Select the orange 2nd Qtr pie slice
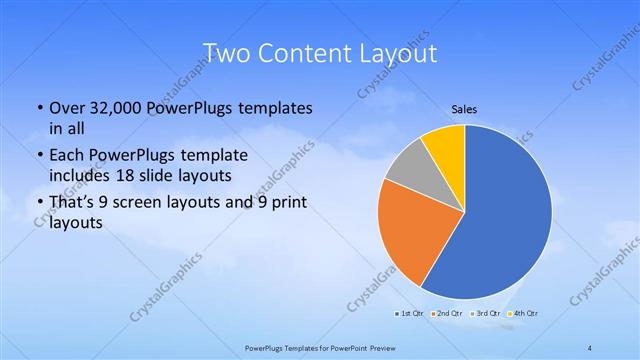click(x=412, y=235)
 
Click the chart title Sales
click(x=464, y=108)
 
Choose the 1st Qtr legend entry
click(x=408, y=314)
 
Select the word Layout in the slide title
click(x=401, y=51)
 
